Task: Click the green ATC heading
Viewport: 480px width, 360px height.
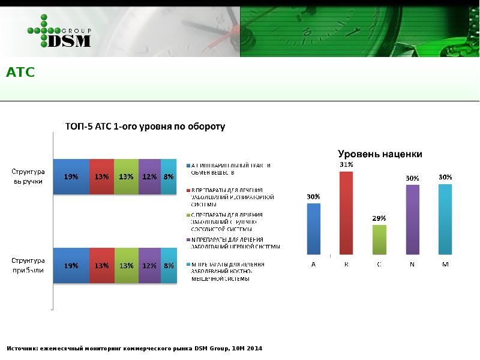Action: coord(20,73)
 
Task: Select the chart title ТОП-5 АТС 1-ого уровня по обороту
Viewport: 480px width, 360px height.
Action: coord(145,127)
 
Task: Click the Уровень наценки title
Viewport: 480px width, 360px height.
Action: coord(380,154)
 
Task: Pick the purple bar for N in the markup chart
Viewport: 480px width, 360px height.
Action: coord(412,220)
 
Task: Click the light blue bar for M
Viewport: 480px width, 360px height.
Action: coord(445,219)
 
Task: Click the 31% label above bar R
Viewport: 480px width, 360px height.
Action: coord(346,164)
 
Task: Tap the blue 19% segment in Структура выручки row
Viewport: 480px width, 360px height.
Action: coord(71,177)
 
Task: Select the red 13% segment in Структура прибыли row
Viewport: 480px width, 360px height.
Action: coord(101,265)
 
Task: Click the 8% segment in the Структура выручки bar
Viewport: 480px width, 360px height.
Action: coord(169,177)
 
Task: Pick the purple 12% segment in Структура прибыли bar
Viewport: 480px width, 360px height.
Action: coord(149,265)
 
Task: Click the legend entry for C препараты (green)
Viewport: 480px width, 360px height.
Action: coord(228,221)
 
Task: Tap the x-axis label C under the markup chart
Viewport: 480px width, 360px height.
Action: coord(379,265)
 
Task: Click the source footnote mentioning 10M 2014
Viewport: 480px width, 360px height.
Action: coord(134,349)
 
